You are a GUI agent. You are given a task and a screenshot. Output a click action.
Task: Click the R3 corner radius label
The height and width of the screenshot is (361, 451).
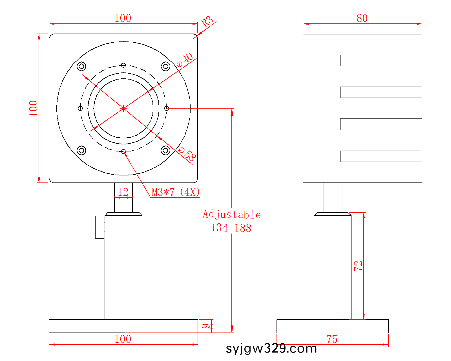pyautogui.click(x=207, y=21)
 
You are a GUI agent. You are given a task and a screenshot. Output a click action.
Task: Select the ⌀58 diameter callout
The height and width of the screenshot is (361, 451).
pyautogui.click(x=187, y=154)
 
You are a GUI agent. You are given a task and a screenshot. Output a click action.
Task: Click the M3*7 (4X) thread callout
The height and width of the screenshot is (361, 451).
pyautogui.click(x=176, y=192)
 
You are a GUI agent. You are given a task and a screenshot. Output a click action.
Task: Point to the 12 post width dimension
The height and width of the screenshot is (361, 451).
pyautogui.click(x=123, y=192)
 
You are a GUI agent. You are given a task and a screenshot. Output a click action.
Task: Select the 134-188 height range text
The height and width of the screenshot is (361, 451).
pyautogui.click(x=231, y=228)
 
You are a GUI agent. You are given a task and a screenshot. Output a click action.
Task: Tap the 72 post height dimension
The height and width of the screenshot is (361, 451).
pyautogui.click(x=358, y=266)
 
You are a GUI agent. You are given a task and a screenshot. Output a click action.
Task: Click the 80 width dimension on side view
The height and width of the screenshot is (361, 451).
pyautogui.click(x=362, y=18)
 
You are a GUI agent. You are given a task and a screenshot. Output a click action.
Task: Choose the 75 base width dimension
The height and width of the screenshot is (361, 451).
pyautogui.click(x=332, y=339)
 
